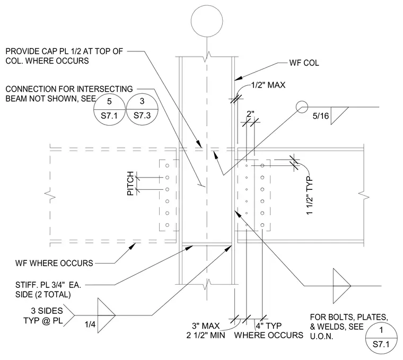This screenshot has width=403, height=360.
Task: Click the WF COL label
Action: (304, 63)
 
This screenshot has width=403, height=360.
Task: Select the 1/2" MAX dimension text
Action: (268, 85)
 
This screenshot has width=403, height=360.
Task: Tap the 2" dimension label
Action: (250, 114)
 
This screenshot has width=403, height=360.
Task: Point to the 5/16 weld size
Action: (320, 116)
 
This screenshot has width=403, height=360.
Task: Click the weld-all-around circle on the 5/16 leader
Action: (302, 107)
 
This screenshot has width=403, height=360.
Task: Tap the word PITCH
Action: (130, 183)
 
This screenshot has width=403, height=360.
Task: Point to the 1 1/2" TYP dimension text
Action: (310, 196)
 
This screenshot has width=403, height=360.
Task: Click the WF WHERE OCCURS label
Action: (54, 264)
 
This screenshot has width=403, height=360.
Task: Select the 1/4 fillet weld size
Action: (90, 324)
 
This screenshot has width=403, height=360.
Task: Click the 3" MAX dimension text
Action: (206, 326)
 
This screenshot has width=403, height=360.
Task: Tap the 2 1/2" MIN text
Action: (206, 335)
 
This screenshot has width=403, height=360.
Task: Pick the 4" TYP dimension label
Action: (269, 326)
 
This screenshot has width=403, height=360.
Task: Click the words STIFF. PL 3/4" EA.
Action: (48, 285)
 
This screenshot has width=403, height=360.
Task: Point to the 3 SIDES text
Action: (47, 311)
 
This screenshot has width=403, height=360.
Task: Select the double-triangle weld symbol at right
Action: (342, 286)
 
